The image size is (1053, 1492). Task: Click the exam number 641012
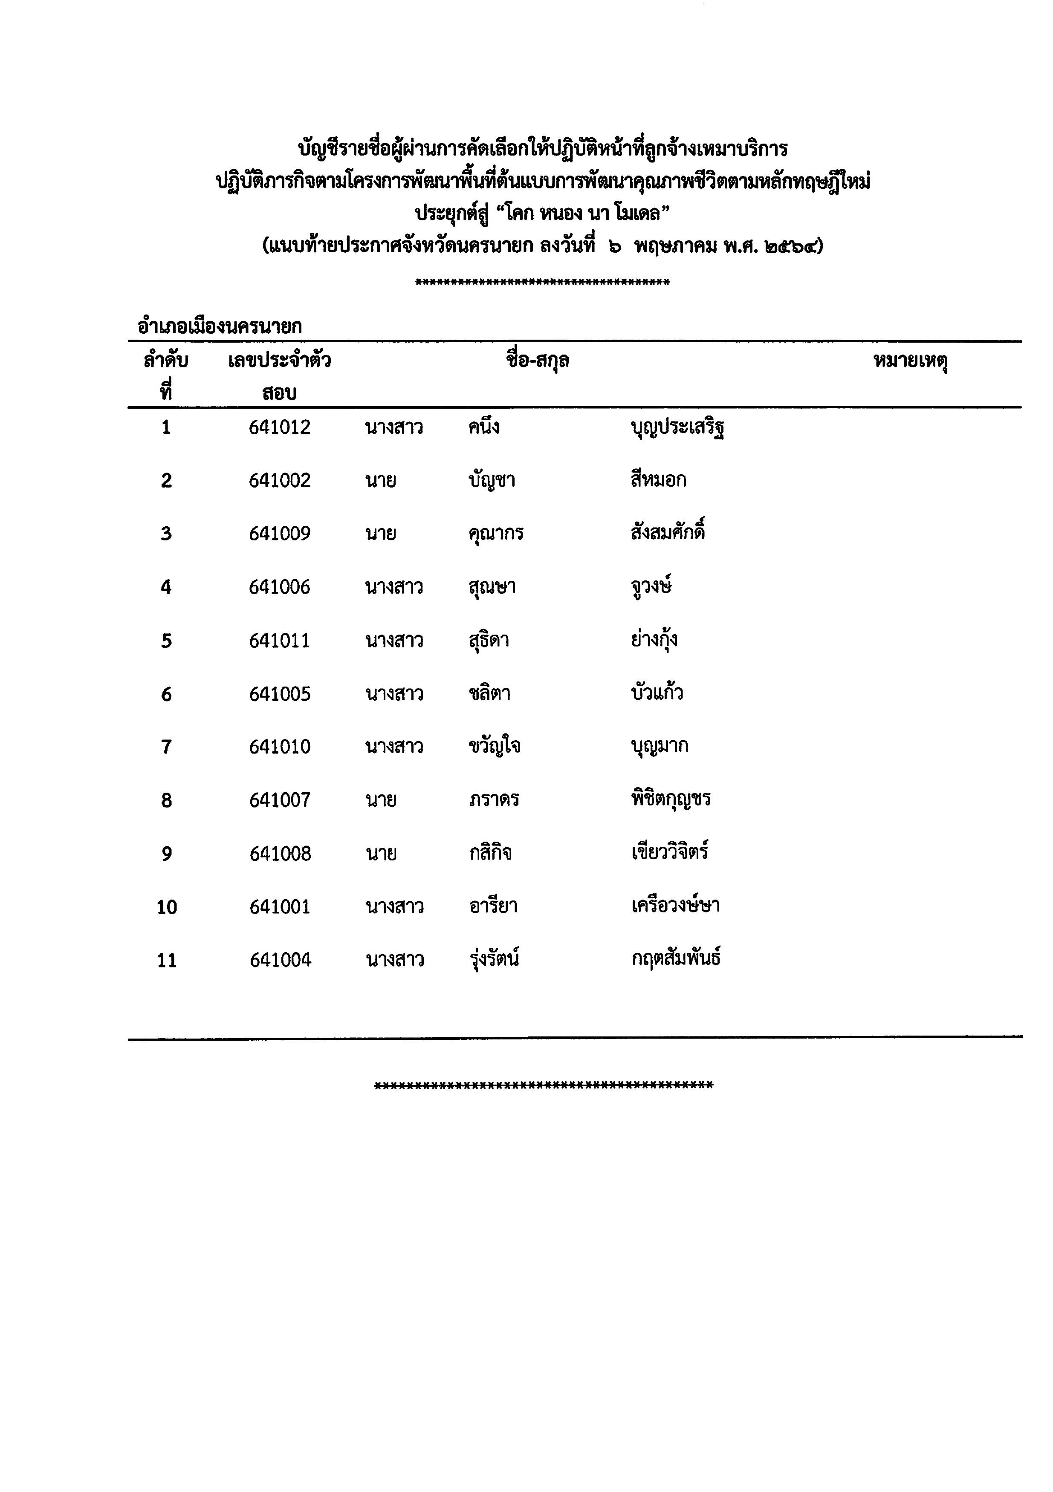click(x=280, y=427)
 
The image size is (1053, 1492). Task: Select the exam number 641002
click(x=280, y=481)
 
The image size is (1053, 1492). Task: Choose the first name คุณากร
click(x=496, y=534)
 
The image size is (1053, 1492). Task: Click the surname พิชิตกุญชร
click(x=671, y=799)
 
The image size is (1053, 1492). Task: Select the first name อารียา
click(x=493, y=906)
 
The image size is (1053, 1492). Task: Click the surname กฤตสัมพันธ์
click(x=676, y=960)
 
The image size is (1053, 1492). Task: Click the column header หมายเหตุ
click(x=910, y=362)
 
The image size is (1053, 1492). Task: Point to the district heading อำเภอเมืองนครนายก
click(x=220, y=326)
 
